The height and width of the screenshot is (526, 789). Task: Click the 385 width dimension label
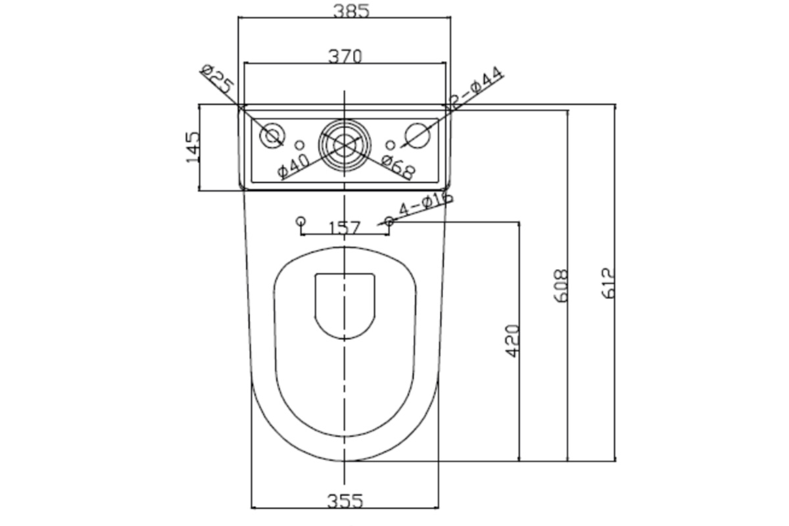click(351, 11)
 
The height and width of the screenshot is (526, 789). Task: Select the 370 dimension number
click(345, 57)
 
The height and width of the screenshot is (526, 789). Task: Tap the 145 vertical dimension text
click(193, 147)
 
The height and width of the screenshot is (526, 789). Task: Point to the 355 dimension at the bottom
click(345, 500)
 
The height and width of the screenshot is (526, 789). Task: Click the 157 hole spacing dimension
click(345, 227)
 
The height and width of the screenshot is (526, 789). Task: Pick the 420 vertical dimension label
click(512, 341)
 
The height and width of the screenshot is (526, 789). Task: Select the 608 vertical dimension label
click(561, 286)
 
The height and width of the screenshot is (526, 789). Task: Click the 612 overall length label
click(608, 283)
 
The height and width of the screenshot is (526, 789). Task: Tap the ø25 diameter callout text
click(218, 80)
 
